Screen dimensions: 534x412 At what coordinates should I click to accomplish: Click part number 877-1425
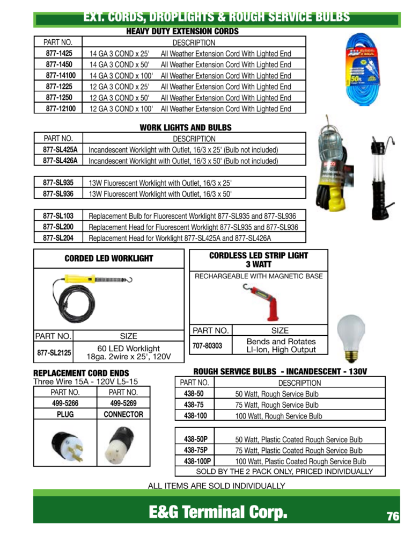click(x=59, y=53)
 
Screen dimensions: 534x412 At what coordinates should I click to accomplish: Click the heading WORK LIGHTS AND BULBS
click(x=185, y=127)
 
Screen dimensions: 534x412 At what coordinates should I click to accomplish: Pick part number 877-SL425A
click(x=60, y=149)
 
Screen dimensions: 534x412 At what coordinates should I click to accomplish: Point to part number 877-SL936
click(x=58, y=193)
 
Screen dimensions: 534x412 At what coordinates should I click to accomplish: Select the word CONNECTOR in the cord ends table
click(x=123, y=414)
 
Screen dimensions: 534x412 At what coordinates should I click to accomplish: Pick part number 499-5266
click(x=65, y=403)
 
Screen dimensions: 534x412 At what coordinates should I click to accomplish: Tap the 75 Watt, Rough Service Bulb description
click(x=277, y=405)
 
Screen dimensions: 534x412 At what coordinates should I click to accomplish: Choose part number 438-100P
click(x=196, y=461)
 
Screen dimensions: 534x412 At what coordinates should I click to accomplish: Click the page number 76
click(x=393, y=516)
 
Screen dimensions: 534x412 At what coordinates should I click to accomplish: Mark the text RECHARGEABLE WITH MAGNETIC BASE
click(x=259, y=276)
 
